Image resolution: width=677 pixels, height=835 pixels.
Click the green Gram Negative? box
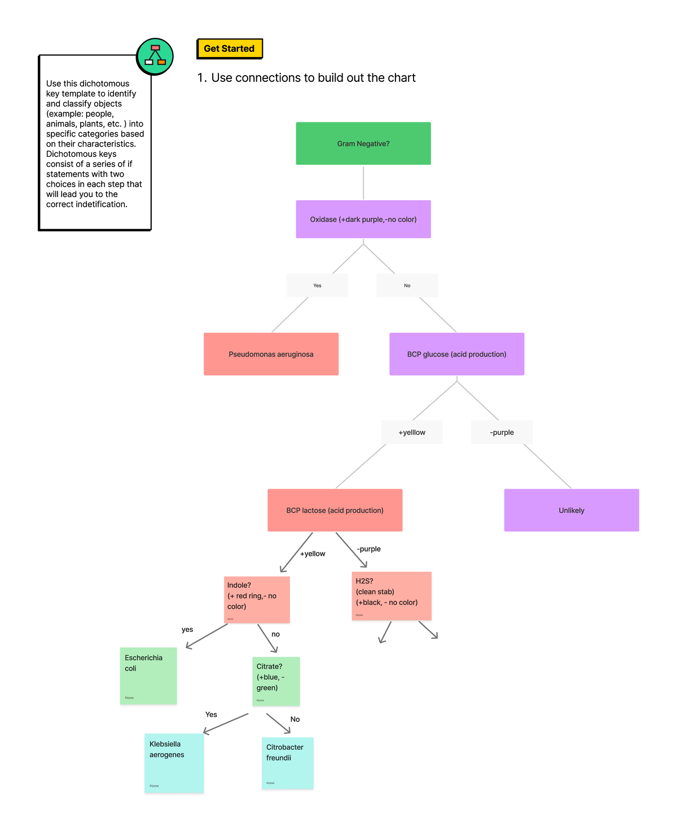[x=363, y=143]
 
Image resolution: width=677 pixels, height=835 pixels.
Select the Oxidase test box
[x=363, y=219]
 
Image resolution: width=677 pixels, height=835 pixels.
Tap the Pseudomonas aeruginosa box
[x=271, y=354]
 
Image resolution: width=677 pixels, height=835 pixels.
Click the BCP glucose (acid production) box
[x=456, y=354]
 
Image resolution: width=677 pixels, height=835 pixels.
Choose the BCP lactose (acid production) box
[x=335, y=510]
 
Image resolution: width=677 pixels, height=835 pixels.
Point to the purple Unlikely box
[x=571, y=510]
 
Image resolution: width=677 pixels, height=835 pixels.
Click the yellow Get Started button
[x=229, y=49]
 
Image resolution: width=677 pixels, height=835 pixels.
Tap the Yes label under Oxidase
[x=317, y=285]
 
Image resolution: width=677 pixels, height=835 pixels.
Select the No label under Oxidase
[x=407, y=285]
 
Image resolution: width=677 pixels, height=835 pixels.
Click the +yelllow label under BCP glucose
[x=412, y=432]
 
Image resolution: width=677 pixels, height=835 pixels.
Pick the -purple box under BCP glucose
[x=502, y=432]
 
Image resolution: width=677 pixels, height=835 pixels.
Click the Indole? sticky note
[x=257, y=599]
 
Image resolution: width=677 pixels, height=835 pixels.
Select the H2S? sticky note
[x=392, y=596]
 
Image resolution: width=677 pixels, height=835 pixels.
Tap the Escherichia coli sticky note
[x=148, y=675]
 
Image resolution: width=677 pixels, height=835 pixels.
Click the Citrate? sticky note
[x=276, y=681]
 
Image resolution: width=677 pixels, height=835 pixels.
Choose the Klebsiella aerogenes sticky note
[x=174, y=763]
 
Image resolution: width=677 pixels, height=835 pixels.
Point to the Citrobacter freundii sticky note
[x=287, y=763]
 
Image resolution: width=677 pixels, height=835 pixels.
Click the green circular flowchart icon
[x=155, y=56]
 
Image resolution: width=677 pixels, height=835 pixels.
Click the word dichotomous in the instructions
[x=108, y=83]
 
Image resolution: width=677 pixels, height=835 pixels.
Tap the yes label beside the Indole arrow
[x=187, y=630]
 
